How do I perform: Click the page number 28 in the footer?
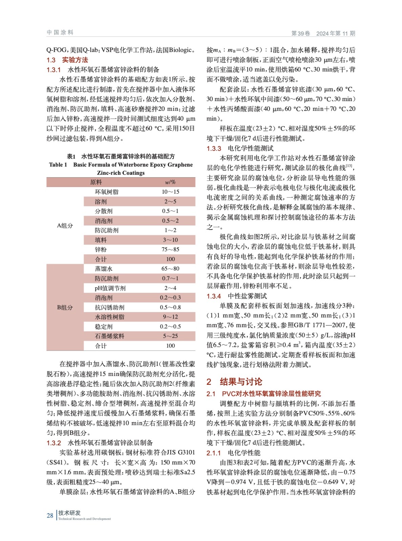(x=50, y=515)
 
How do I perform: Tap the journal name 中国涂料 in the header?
(x=60, y=32)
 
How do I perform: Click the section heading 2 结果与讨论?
(x=234, y=382)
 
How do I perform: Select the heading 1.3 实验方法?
(x=67, y=60)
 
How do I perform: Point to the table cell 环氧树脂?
(x=106, y=192)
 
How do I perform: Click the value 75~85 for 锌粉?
(x=170, y=250)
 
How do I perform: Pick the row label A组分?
(x=65, y=226)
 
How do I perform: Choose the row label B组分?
(x=65, y=307)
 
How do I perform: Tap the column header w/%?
(x=170, y=182)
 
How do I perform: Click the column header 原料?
(x=96, y=182)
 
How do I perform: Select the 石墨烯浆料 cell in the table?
(x=109, y=336)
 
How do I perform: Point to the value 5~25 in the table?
(x=170, y=336)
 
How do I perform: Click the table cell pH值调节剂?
(x=110, y=288)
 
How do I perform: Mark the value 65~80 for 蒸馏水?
(x=170, y=269)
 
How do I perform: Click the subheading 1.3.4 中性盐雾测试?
(x=237, y=296)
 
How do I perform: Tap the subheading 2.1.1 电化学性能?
(x=233, y=453)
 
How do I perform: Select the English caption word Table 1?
(x=58, y=165)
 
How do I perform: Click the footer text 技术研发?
(x=69, y=513)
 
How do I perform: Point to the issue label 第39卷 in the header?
(x=300, y=33)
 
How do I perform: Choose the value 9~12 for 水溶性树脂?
(x=170, y=317)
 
